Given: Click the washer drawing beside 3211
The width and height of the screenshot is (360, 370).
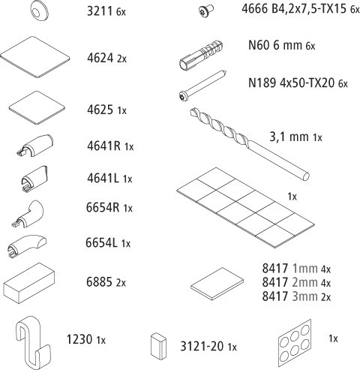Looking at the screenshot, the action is [40, 10].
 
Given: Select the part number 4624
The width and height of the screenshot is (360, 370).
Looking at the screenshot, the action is [100, 58].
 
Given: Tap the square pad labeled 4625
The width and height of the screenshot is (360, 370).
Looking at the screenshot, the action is [37, 108].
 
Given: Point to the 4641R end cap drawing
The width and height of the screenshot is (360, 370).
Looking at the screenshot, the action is [34, 146].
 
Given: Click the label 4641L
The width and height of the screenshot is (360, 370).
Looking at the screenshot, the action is [103, 178].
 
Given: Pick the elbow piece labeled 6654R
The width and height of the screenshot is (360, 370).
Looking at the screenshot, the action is [28, 214].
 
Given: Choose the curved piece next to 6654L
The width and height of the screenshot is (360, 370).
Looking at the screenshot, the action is [26, 246].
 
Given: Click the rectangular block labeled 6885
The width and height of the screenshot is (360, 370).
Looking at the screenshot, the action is [29, 284].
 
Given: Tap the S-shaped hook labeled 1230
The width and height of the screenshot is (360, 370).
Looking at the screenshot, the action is [33, 342].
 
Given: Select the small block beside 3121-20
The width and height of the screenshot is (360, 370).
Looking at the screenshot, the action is [158, 345].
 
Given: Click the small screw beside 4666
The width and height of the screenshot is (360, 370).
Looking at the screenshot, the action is [206, 11].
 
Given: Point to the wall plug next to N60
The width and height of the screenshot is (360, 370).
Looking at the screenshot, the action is [201, 56].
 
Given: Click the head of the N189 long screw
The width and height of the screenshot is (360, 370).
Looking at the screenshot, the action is [182, 96].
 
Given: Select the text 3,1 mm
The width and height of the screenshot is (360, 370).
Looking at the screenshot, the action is [289, 137].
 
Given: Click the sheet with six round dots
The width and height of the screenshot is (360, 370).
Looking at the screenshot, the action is [295, 344].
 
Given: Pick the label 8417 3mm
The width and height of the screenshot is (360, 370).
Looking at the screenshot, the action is [289, 296].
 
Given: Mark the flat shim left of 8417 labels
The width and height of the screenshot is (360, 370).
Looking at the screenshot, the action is [217, 283].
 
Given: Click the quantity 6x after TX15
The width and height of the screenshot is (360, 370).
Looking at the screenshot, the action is [355, 10].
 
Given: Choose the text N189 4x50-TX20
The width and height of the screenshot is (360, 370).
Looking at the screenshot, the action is [291, 83].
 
